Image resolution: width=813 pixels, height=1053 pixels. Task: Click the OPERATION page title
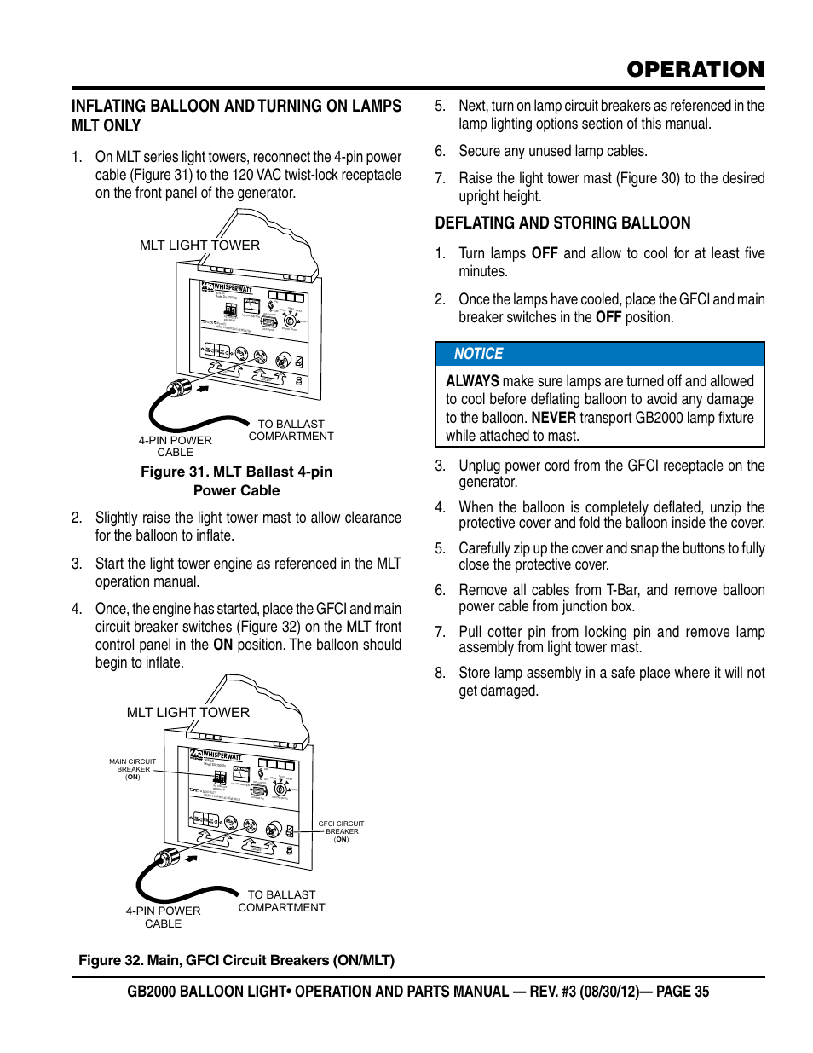point(695,70)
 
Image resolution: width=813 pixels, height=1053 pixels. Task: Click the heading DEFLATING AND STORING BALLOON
point(562,223)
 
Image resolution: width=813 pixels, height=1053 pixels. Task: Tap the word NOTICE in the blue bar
point(478,354)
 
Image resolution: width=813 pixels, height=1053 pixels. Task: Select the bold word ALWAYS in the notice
point(472,381)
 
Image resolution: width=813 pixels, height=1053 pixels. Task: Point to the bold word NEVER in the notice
point(553,418)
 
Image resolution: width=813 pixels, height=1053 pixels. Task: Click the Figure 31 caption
point(236,481)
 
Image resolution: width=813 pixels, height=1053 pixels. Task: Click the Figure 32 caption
point(236,960)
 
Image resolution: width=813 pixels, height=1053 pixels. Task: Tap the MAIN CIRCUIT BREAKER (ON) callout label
point(133,769)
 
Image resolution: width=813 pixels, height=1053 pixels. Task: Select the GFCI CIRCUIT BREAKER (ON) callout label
point(341,831)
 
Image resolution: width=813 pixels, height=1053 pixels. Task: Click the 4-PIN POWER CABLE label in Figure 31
point(175,446)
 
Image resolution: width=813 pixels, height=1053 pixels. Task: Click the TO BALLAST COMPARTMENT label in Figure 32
point(281,900)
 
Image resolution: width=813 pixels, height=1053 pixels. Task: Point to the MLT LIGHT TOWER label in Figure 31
point(199,246)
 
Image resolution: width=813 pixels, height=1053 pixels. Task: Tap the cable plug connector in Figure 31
point(179,389)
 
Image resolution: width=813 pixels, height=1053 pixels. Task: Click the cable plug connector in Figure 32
point(166,857)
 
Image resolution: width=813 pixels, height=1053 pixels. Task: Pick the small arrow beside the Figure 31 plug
point(203,389)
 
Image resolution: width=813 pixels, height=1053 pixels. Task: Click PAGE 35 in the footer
point(682,992)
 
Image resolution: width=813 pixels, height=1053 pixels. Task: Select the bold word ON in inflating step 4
point(222,645)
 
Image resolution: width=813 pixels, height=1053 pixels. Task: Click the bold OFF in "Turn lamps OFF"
point(545,253)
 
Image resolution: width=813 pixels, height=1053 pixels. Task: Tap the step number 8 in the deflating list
point(440,673)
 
